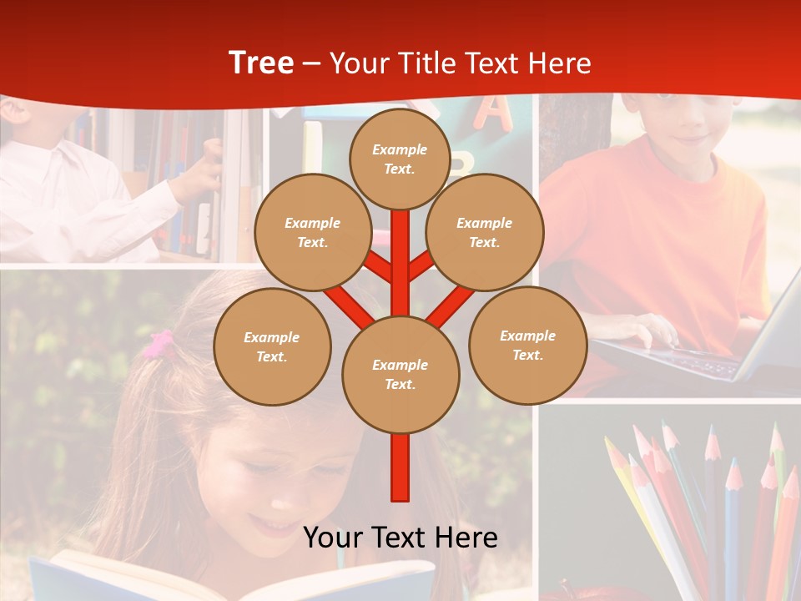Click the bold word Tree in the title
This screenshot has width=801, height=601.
pyautogui.click(x=261, y=63)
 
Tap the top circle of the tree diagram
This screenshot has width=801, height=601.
pyautogui.click(x=400, y=159)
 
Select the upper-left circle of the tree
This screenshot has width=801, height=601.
pyautogui.click(x=313, y=232)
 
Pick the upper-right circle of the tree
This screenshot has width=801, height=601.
pyautogui.click(x=485, y=232)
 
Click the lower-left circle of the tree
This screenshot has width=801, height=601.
pyautogui.click(x=272, y=346)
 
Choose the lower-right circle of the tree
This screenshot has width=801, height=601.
pyautogui.click(x=527, y=345)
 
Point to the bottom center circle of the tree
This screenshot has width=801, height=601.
pyautogui.click(x=400, y=375)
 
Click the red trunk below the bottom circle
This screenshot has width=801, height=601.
pyautogui.click(x=400, y=467)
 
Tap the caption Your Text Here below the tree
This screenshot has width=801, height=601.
pyautogui.click(x=400, y=538)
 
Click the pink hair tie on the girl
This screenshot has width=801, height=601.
pyautogui.click(x=159, y=344)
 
